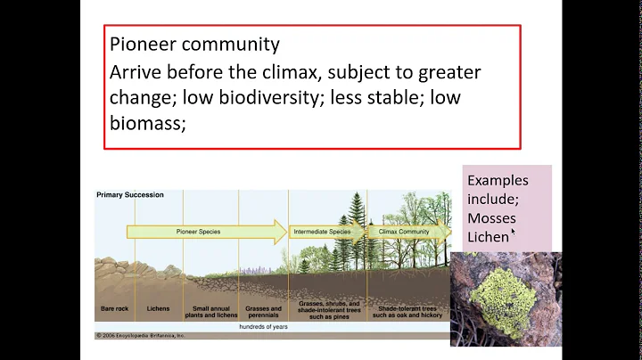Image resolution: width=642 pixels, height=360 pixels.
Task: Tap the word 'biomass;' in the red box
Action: pyautogui.click(x=147, y=124)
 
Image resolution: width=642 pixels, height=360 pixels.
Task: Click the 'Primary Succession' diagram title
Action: pyautogui.click(x=130, y=194)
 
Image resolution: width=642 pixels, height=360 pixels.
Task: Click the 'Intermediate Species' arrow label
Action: pyautogui.click(x=322, y=232)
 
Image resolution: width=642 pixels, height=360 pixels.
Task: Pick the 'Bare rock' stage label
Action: pyautogui.click(x=115, y=309)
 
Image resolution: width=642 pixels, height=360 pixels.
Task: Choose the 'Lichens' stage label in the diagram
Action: pyautogui.click(x=158, y=309)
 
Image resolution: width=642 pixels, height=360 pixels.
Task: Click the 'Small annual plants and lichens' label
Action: pyautogui.click(x=210, y=313)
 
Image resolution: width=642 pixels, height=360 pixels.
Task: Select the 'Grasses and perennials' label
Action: pyautogui.click(x=263, y=313)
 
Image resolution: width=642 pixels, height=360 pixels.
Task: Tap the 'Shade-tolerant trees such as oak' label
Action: pyautogui.click(x=407, y=313)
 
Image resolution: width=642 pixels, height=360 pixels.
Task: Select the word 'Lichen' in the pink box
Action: pyautogui.click(x=488, y=237)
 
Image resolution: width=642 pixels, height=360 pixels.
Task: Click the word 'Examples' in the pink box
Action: pyautogui.click(x=498, y=180)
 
